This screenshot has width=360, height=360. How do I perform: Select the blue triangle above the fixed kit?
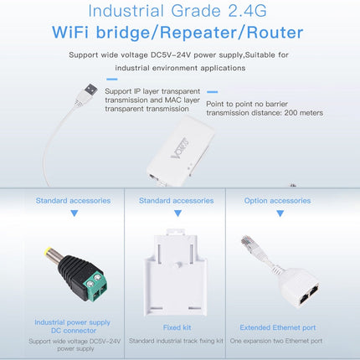[176, 213]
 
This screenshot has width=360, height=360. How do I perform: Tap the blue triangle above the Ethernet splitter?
[277, 213]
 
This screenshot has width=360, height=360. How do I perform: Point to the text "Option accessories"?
[277, 201]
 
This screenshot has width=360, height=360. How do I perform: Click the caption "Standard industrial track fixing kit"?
[176, 342]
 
